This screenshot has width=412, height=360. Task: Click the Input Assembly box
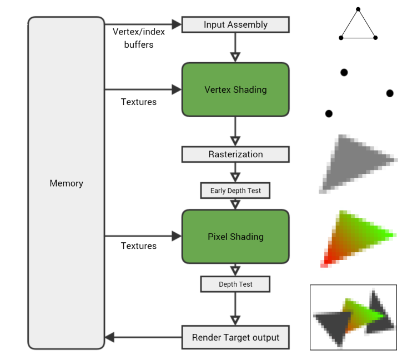click(x=235, y=24)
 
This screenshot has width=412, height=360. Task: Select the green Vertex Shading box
click(x=235, y=89)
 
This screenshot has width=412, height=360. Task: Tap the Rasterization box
click(x=235, y=154)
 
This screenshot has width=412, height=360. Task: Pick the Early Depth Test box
click(x=235, y=191)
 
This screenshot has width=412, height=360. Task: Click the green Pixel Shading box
click(x=235, y=237)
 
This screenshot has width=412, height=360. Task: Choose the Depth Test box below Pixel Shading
click(x=235, y=284)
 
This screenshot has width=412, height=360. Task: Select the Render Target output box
click(x=235, y=337)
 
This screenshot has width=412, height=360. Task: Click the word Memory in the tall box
click(x=66, y=183)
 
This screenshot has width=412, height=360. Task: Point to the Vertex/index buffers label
click(x=139, y=38)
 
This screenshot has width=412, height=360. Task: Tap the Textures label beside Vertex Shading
click(x=139, y=102)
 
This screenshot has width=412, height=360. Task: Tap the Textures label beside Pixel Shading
click(x=139, y=246)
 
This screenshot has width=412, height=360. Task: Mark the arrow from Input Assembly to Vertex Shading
click(x=235, y=47)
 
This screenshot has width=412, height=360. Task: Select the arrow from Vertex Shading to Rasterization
click(x=235, y=131)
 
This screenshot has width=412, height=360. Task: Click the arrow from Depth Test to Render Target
click(x=235, y=308)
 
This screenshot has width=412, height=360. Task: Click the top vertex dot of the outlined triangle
click(x=358, y=9)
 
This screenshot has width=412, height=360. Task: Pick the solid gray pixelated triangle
click(x=355, y=161)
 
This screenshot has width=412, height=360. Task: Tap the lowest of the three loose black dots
click(x=329, y=113)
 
